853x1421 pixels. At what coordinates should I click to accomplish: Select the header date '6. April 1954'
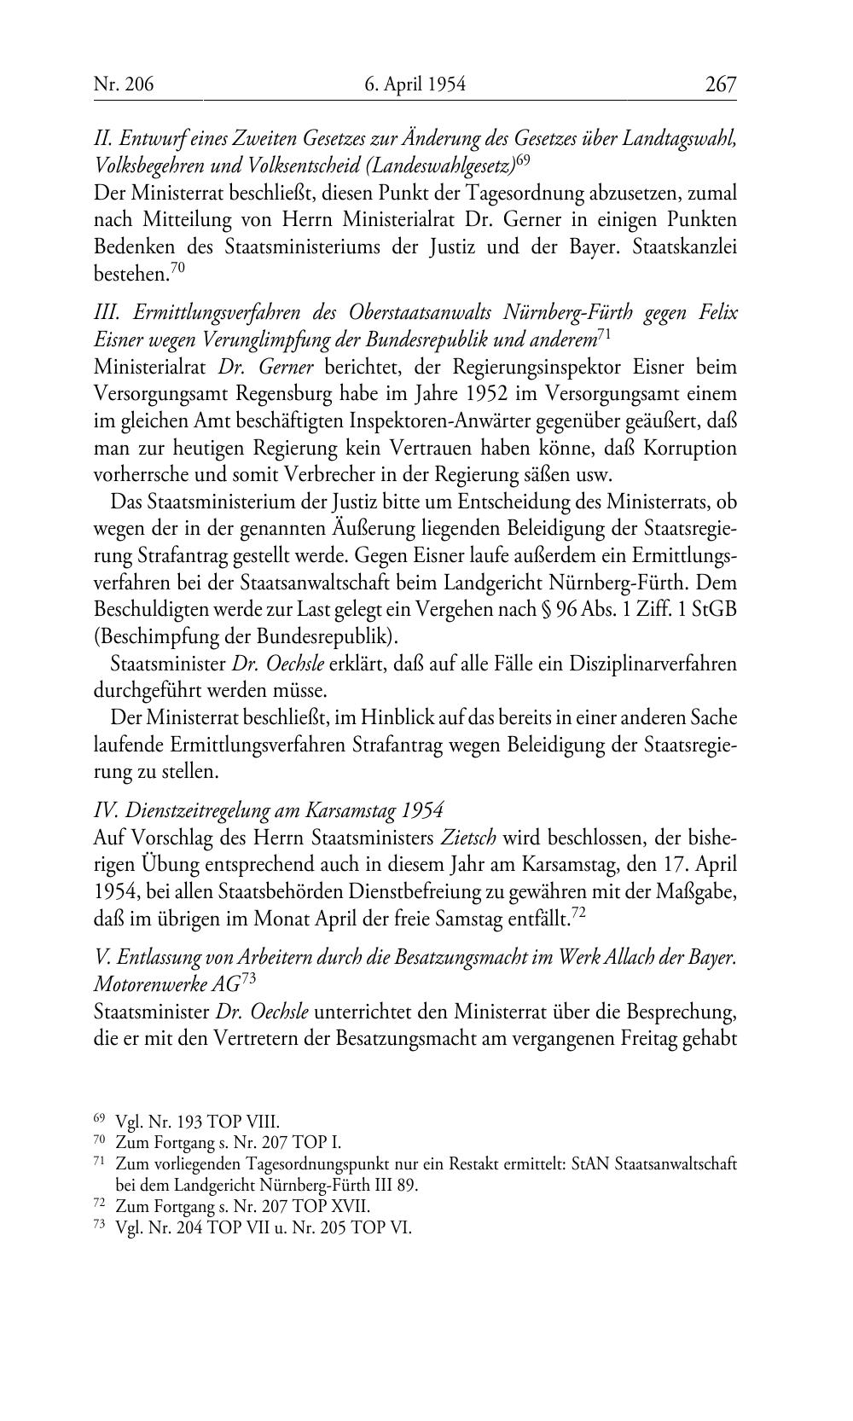click(415, 84)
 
